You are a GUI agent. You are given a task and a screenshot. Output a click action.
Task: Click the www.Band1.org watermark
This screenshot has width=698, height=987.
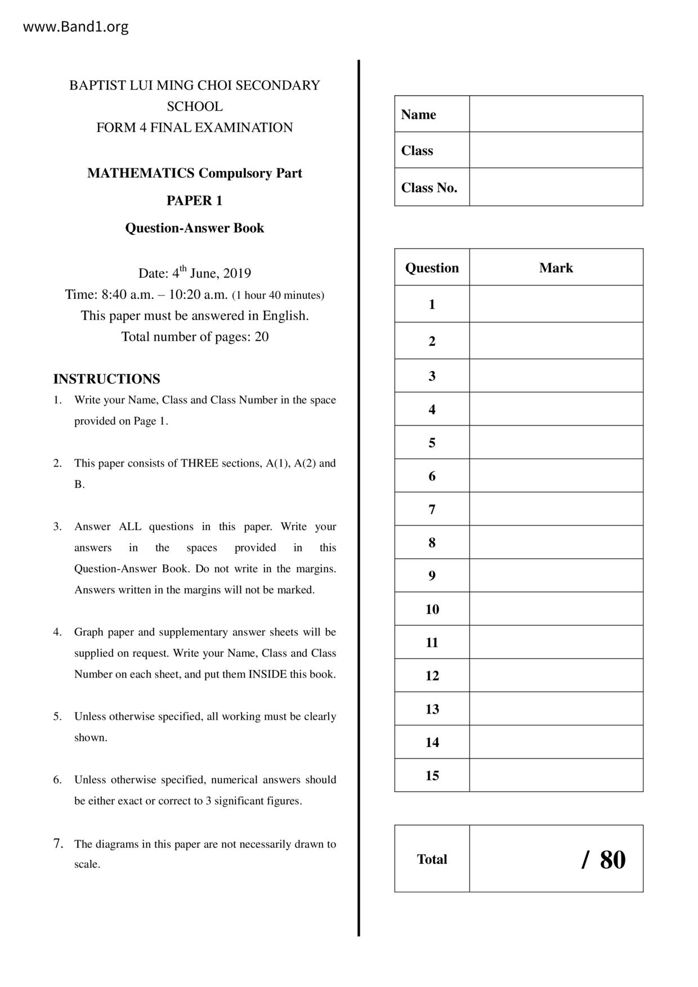point(75,27)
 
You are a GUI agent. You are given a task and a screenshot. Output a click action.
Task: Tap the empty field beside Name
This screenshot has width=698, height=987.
point(556,114)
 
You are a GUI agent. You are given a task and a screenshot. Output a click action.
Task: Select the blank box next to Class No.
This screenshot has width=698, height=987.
point(556,187)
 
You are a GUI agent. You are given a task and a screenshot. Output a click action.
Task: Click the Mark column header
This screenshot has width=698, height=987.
point(556,268)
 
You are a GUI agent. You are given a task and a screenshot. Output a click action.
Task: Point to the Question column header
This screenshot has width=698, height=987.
point(432,268)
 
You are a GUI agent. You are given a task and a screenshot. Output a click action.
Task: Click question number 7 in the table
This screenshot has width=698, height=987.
point(432,509)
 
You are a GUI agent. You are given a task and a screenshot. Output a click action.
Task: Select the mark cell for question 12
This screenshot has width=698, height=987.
point(556,675)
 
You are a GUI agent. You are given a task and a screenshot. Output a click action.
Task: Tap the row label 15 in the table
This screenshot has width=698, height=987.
point(432,775)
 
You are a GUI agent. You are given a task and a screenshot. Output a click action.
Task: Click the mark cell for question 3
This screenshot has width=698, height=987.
point(556,376)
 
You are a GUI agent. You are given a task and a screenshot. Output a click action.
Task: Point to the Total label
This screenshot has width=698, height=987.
point(432,859)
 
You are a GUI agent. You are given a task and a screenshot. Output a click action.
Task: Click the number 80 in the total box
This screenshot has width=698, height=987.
point(612,860)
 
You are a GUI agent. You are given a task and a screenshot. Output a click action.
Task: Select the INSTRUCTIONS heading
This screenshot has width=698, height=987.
point(106,379)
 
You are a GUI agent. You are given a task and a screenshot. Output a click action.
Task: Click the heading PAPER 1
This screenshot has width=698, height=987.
point(194,201)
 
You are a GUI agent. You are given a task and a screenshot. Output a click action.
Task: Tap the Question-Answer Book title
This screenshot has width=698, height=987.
point(194,228)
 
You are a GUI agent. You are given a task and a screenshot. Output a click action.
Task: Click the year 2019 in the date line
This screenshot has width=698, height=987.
point(237,273)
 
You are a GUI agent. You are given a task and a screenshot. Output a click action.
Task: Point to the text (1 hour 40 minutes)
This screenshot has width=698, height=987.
point(278,295)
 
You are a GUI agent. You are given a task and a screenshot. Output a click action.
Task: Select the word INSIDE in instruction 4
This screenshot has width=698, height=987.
point(267,674)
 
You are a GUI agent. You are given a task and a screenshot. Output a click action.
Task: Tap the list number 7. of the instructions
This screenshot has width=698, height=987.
point(57,844)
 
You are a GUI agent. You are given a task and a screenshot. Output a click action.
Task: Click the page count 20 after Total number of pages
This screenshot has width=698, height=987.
point(262,337)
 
